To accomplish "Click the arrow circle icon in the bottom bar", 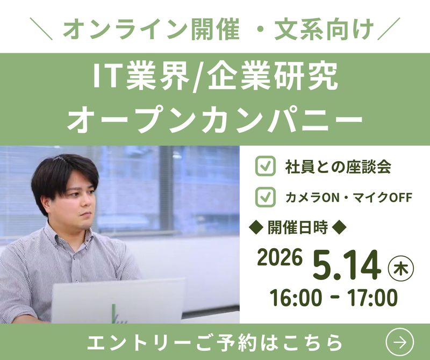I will point(400,342).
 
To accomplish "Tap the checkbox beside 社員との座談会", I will point(264,167).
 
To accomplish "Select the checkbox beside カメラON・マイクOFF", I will point(264,197).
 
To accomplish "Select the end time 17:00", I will point(371,298).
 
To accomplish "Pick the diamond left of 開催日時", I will point(257,227).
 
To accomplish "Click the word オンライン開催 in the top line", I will point(151,28).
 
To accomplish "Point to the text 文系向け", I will point(323,28).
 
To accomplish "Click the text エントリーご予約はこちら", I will point(214,342).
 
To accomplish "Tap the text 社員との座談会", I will point(338,167).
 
